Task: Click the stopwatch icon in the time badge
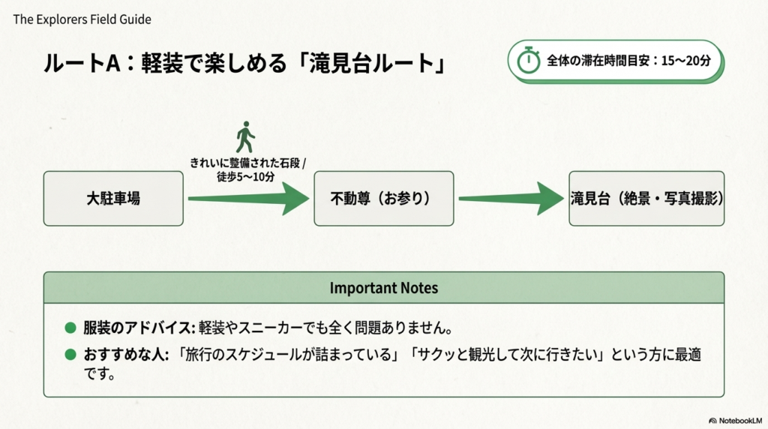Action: pyautogui.click(x=529, y=60)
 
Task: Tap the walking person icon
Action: pyautogui.click(x=245, y=137)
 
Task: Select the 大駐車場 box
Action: pyautogui.click(x=113, y=199)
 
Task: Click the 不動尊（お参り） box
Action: pyautogui.click(x=383, y=199)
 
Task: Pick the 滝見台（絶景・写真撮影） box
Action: pyautogui.click(x=646, y=199)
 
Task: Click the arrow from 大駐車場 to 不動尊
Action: pyautogui.click(x=248, y=199)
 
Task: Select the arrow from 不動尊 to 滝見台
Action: pyautogui.click(x=511, y=199)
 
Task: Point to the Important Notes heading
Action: pyautogui.click(x=383, y=288)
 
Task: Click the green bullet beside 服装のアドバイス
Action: pyautogui.click(x=70, y=328)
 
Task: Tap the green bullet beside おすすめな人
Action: pyautogui.click(x=70, y=354)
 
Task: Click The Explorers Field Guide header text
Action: pyautogui.click(x=82, y=19)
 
